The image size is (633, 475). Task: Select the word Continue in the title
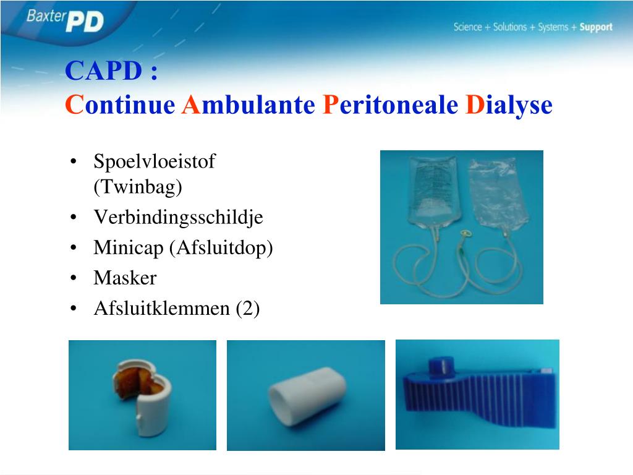pyautogui.click(x=121, y=105)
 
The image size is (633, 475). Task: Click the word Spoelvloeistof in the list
pyautogui.click(x=155, y=161)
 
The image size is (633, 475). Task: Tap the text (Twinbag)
pyautogui.click(x=138, y=187)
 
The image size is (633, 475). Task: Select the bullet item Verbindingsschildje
pyautogui.click(x=178, y=217)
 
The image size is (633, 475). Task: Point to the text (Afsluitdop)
pyautogui.click(x=221, y=247)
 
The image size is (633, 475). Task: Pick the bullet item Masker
pyautogui.click(x=125, y=278)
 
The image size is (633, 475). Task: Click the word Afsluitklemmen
pyautogui.click(x=161, y=308)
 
